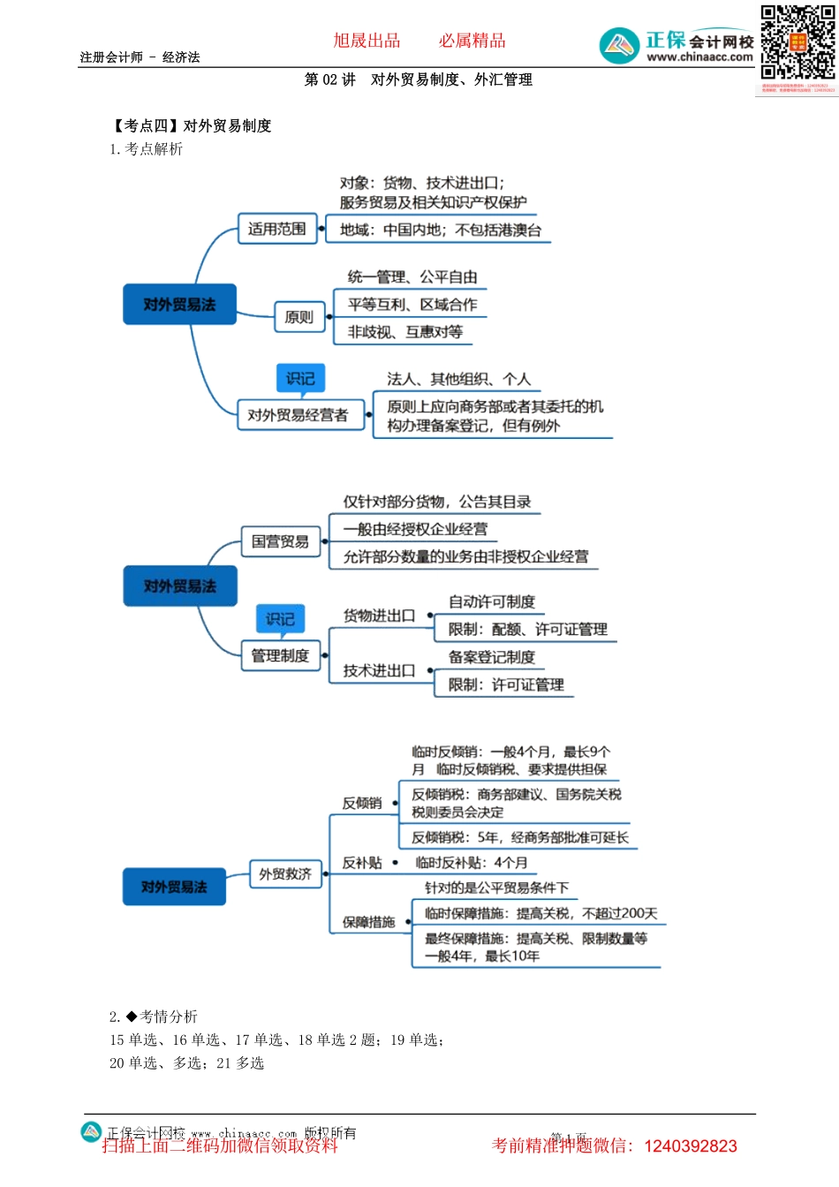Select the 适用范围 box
(x=277, y=230)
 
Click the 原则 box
(x=299, y=317)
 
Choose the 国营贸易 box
(x=280, y=541)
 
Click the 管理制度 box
(x=280, y=655)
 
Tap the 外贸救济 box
(x=284, y=874)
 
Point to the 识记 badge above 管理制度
(x=280, y=619)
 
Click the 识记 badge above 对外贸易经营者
(x=300, y=379)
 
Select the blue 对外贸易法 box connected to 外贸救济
(x=175, y=887)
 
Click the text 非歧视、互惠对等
(x=405, y=332)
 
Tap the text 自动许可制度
(x=492, y=602)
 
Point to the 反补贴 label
(x=362, y=863)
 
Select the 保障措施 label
(x=368, y=922)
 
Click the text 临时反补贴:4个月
(x=472, y=863)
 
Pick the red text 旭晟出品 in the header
(x=367, y=41)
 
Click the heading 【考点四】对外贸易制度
(x=191, y=125)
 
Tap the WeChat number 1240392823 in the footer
(x=691, y=1146)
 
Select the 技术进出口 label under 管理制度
(x=379, y=670)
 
